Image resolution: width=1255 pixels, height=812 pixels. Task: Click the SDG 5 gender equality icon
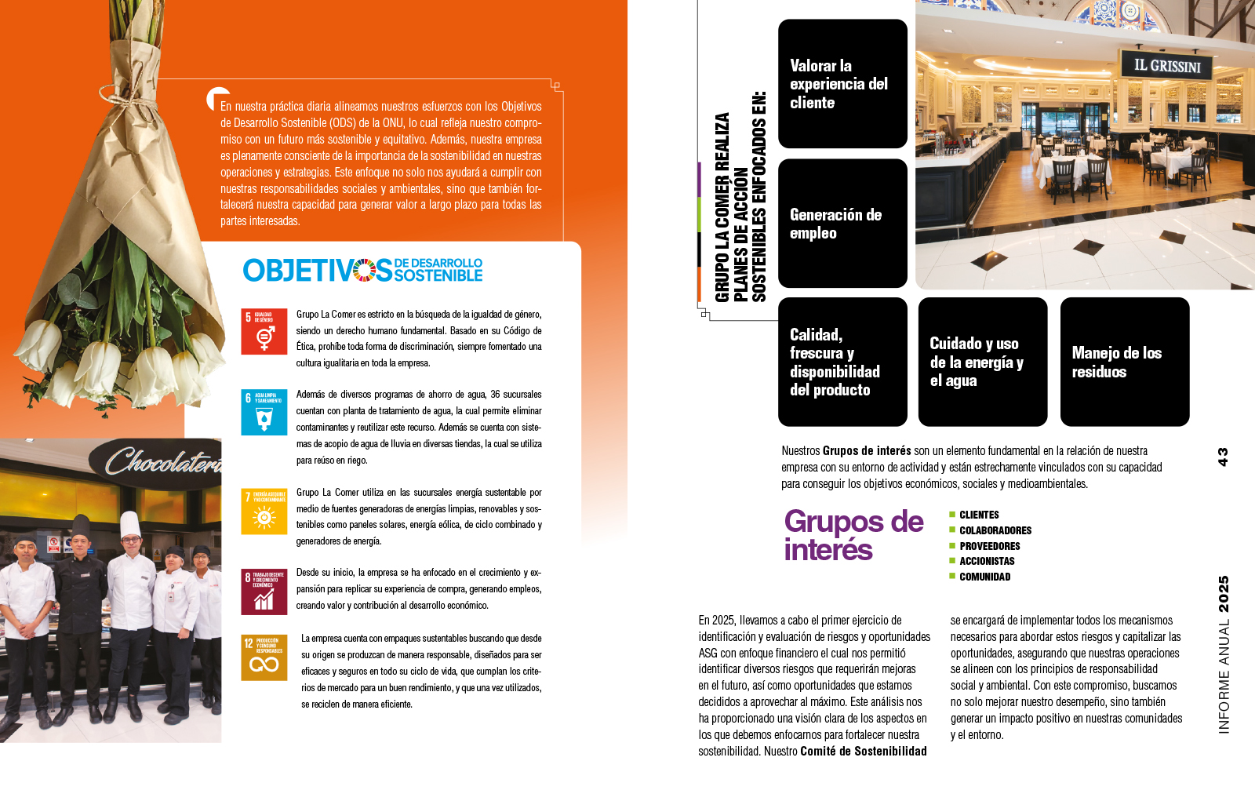pos(264,331)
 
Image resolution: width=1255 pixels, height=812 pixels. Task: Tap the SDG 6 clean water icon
pos(264,412)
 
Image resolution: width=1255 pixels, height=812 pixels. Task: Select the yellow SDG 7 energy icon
pos(264,512)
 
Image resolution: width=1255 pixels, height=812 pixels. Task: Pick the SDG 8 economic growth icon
pos(264,592)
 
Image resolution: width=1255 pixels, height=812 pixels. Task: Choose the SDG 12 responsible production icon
pos(264,657)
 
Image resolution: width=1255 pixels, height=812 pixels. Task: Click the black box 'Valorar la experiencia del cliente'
pos(842,84)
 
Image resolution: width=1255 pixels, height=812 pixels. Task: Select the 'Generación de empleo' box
pos(842,224)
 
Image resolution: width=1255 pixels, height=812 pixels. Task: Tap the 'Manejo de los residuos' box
pos(1124,362)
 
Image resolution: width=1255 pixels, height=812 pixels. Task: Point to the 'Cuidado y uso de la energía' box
pos(982,362)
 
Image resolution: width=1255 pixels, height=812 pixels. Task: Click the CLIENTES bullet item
pos(979,515)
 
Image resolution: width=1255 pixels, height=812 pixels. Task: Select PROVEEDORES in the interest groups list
pos(989,546)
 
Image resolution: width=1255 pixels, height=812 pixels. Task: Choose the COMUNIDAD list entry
pos(984,577)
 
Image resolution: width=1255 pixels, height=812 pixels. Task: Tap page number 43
pos(1222,457)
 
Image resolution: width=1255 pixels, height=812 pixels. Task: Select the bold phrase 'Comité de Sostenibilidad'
pos(863,751)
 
